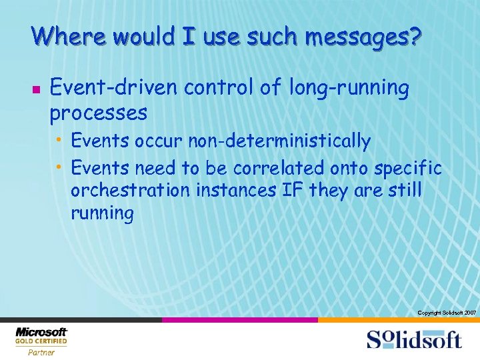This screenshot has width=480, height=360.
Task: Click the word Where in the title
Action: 65,36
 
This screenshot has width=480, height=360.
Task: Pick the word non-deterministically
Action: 279,141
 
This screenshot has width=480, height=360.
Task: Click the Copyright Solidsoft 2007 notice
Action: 446,313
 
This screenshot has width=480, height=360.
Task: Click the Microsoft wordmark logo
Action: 41,331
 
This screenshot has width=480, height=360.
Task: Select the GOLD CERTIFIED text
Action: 41,341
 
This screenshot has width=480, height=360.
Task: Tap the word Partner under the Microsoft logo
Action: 41,353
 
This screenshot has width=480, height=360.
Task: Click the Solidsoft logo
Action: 413,339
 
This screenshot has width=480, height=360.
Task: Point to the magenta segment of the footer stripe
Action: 239,320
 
